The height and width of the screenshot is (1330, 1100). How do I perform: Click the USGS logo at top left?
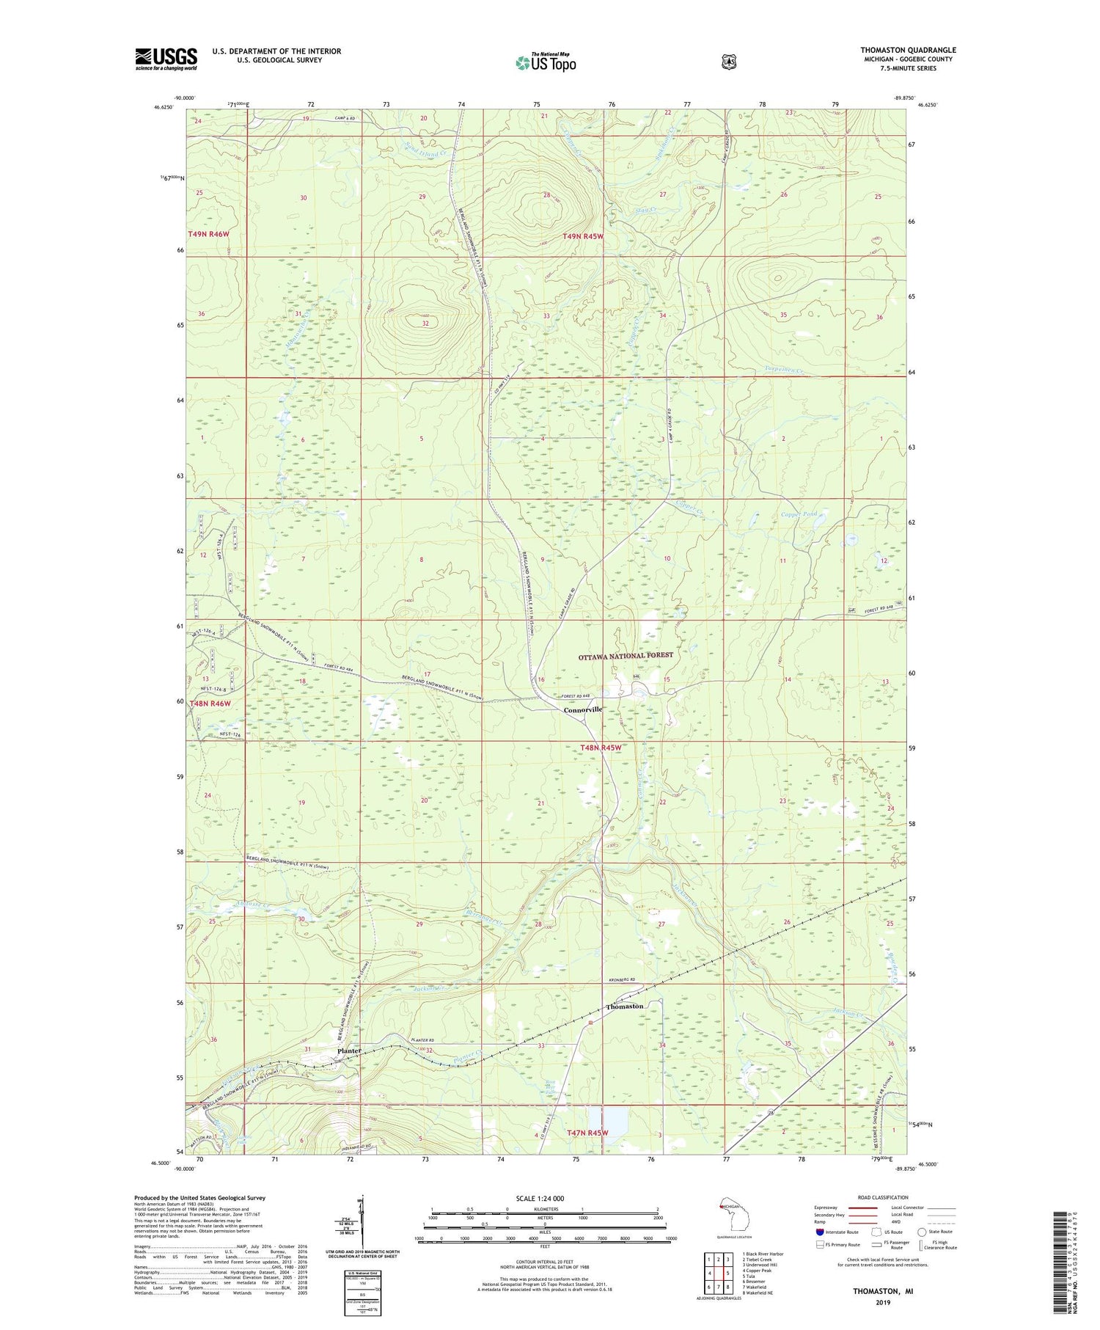(166, 58)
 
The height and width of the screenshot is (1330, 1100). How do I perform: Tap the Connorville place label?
(583, 709)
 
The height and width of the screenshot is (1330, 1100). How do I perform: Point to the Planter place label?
(349, 1051)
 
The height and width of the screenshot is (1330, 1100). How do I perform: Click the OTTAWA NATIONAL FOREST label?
(625, 655)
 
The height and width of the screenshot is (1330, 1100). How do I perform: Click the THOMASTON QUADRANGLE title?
(908, 51)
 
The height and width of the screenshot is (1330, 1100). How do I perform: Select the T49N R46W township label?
(209, 234)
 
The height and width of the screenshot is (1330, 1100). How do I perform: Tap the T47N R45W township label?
(587, 1133)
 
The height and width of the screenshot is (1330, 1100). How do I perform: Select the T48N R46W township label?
(210, 704)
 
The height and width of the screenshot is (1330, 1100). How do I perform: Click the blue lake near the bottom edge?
(617, 1120)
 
